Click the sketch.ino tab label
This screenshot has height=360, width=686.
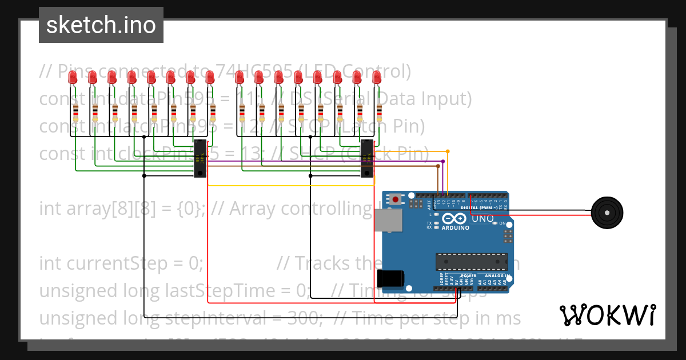click(101, 25)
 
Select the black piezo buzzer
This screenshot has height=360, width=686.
click(607, 213)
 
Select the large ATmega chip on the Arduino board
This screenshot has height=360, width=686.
click(471, 261)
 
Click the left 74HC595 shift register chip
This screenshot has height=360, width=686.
click(200, 158)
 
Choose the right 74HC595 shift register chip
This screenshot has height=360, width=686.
click(366, 158)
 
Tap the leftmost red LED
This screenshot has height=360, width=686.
click(73, 78)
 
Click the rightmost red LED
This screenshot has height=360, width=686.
click(376, 78)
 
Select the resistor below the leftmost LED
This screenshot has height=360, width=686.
click(75, 113)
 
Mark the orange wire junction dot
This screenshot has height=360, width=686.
click(448, 151)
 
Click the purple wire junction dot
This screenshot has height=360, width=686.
click(443, 162)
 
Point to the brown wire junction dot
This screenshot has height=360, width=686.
click(438, 166)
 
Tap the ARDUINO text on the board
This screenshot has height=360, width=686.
click(455, 227)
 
